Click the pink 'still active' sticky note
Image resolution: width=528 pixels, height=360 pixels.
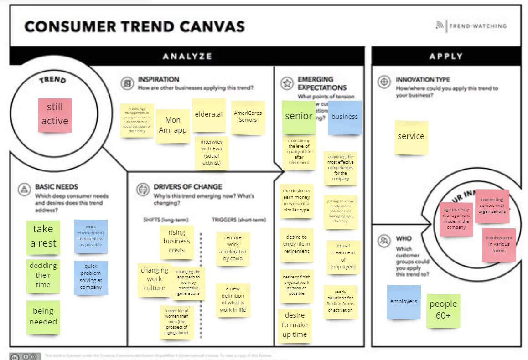pyautogui.click(x=55, y=115)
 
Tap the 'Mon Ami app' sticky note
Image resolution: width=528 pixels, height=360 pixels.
pyautogui.click(x=173, y=126)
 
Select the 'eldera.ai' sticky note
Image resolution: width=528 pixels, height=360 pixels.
pyautogui.click(x=208, y=115)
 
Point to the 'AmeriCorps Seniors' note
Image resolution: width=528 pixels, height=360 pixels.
pyautogui.click(x=248, y=117)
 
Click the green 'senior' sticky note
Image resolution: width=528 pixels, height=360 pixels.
pyautogui.click(x=299, y=117)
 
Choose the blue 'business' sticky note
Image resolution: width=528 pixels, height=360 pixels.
pyautogui.click(x=344, y=117)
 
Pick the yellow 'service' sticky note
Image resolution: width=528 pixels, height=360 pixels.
pyautogui.click(x=411, y=137)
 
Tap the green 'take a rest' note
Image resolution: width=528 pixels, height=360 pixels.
pyautogui.click(x=43, y=237)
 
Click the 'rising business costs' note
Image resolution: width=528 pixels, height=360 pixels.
pyautogui.click(x=176, y=242)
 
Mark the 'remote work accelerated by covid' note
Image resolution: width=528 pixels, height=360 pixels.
pyautogui.click(x=233, y=248)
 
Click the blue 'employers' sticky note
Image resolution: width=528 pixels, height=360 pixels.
pyautogui.click(x=404, y=302)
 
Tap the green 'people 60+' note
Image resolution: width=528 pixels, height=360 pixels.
pyautogui.click(x=443, y=310)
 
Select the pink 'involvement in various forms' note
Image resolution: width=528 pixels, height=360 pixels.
pyautogui.click(x=499, y=245)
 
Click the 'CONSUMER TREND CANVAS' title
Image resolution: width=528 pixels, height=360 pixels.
pyautogui.click(x=135, y=26)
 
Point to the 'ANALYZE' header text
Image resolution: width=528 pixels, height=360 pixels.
pyautogui.click(x=187, y=57)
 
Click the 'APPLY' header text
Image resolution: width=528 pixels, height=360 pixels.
pyautogui.click(x=446, y=57)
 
